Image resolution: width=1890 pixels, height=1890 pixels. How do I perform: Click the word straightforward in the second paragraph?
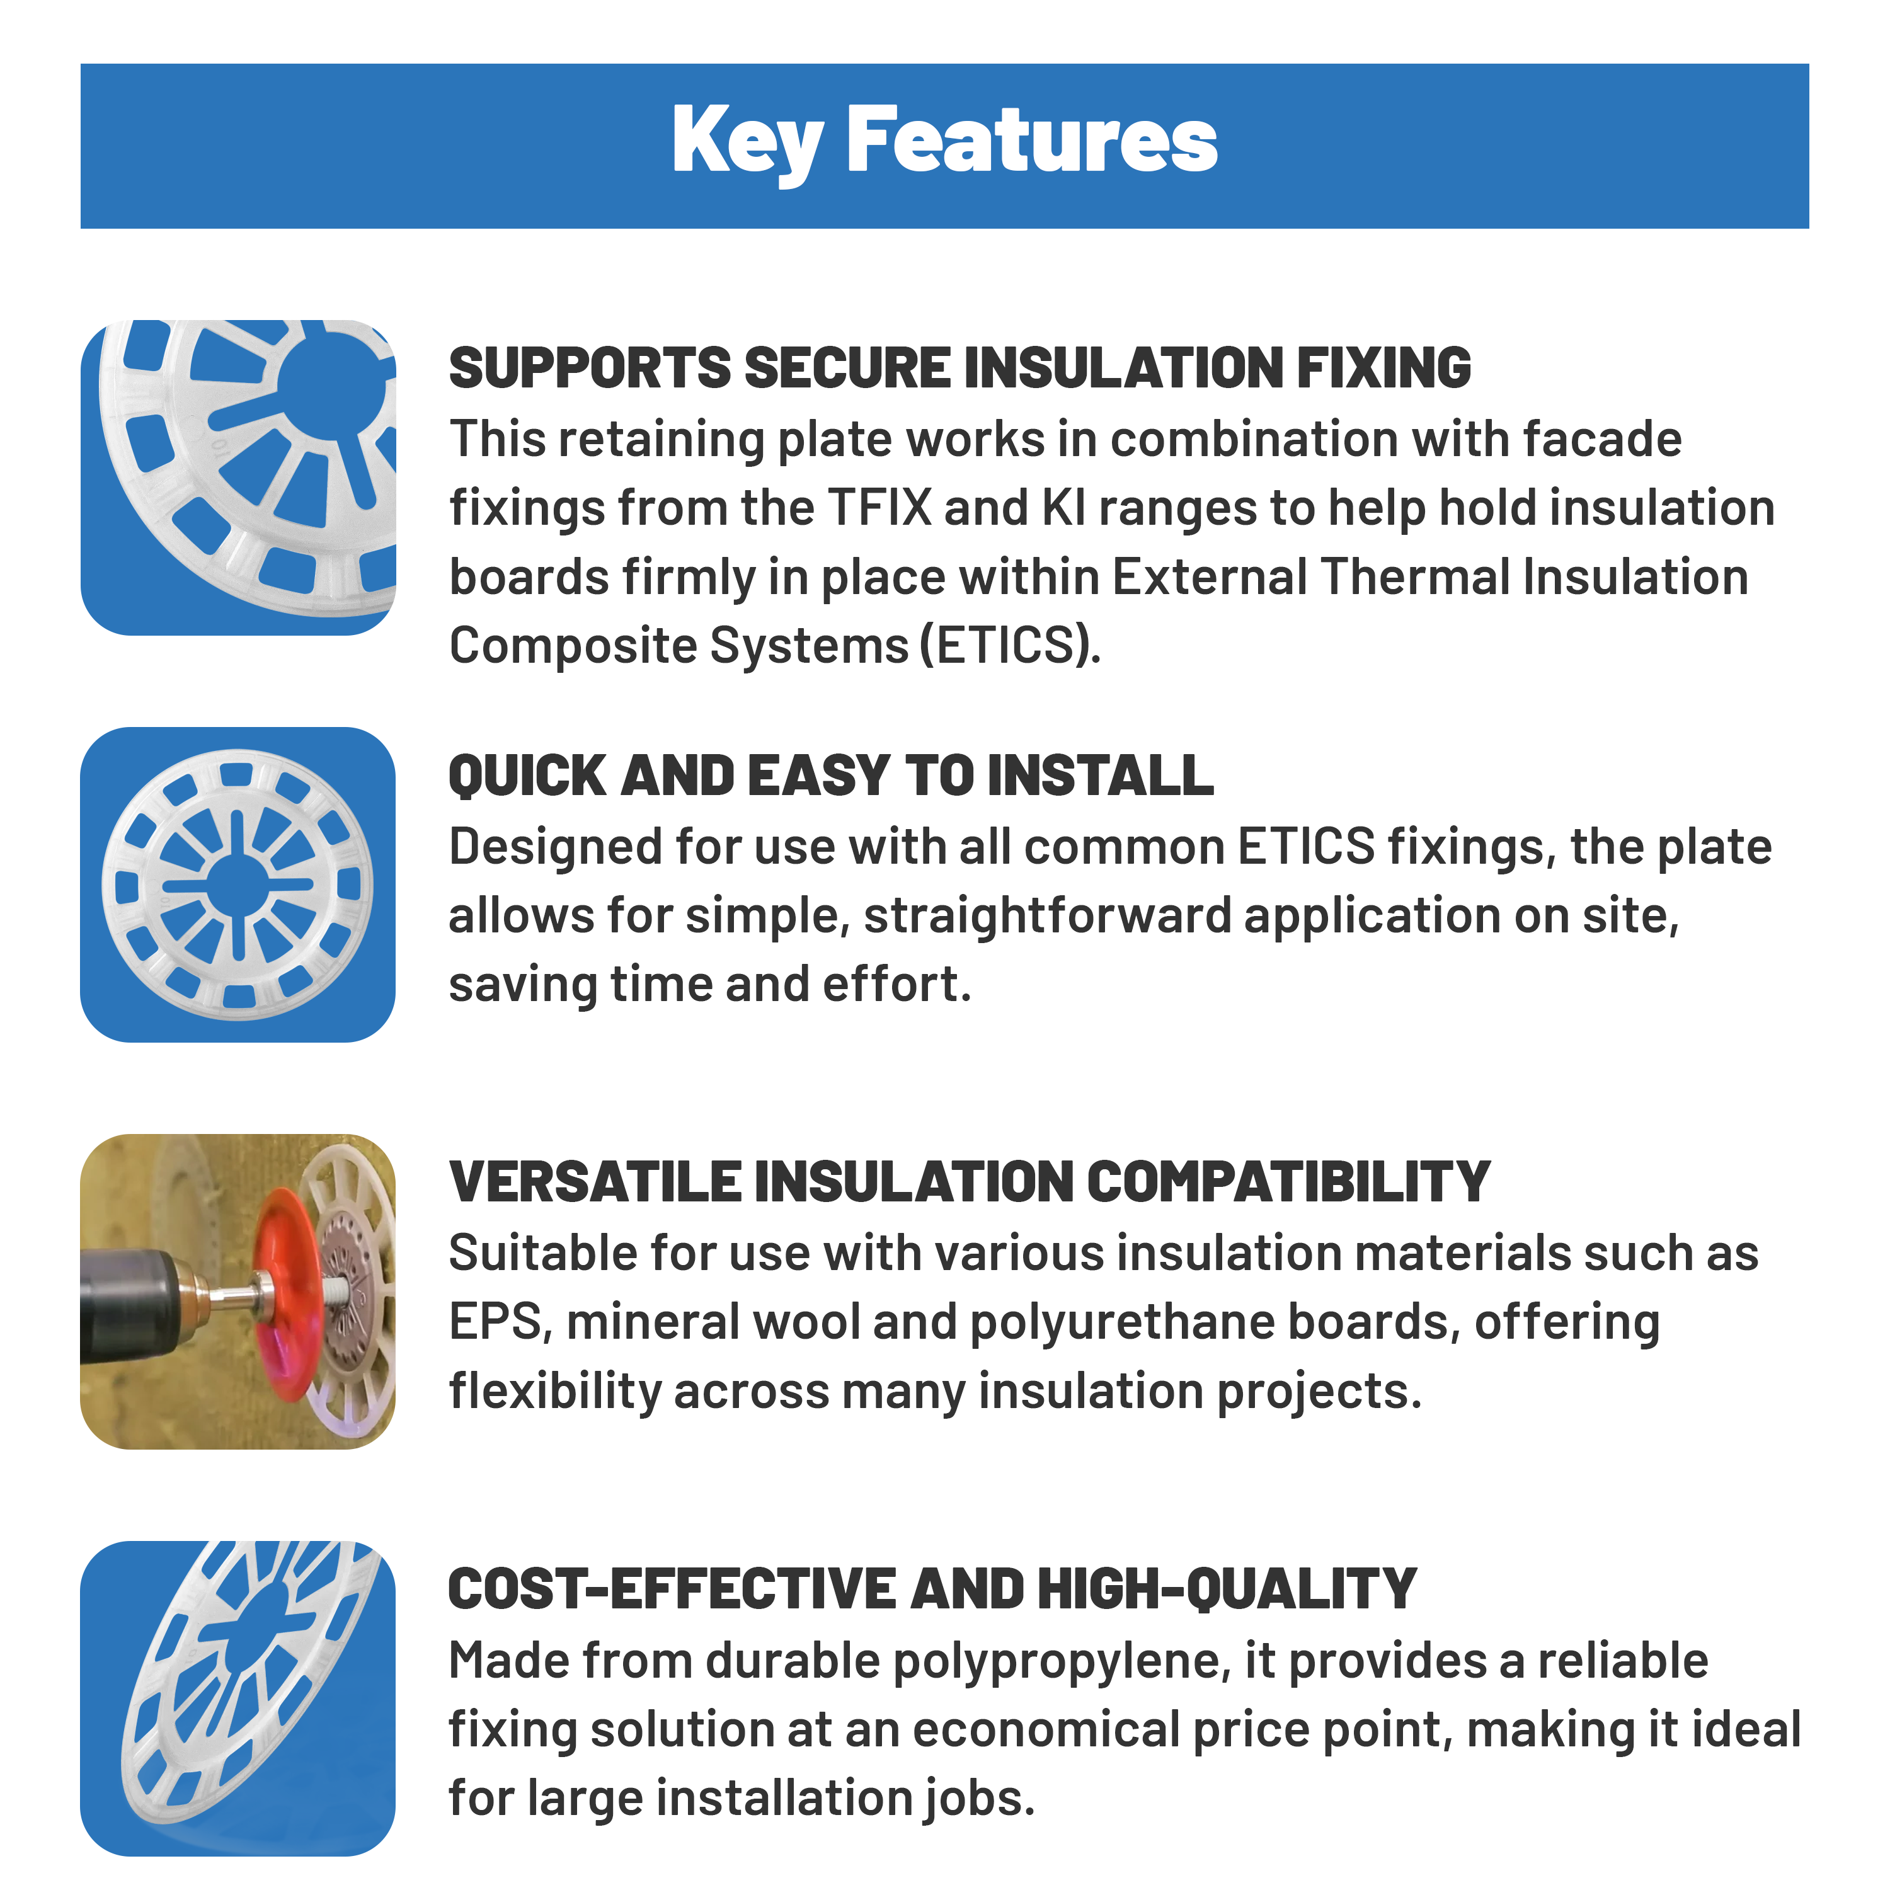pyautogui.click(x=1046, y=917)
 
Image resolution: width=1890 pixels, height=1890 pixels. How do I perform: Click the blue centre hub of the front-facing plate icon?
pyautogui.click(x=238, y=885)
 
